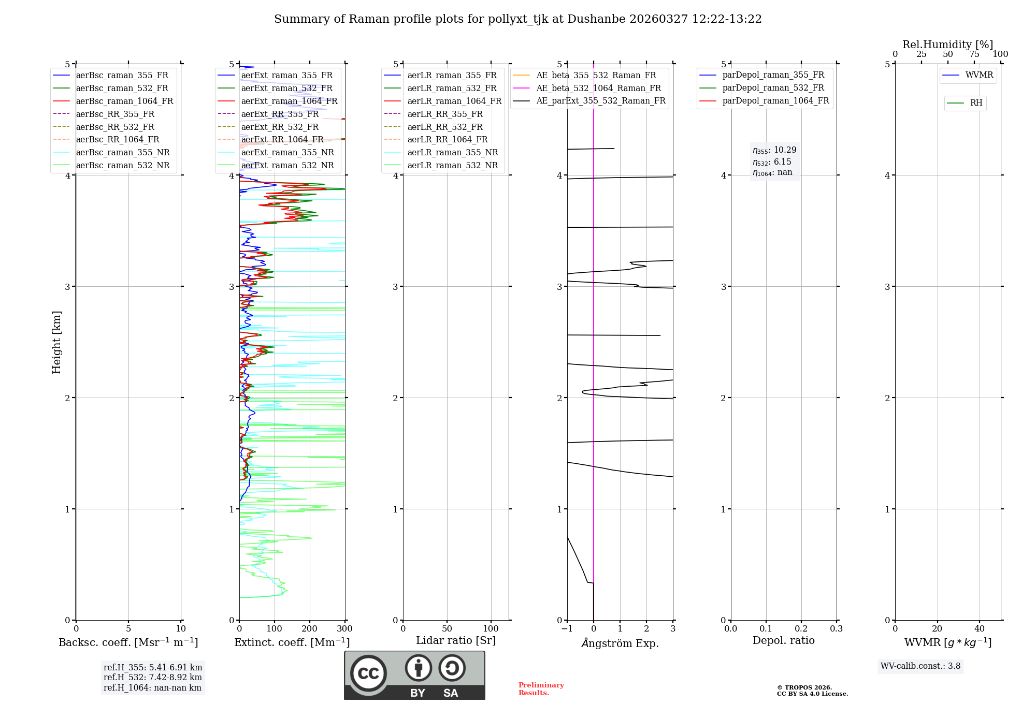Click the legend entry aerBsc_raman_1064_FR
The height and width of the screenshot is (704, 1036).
pyautogui.click(x=124, y=101)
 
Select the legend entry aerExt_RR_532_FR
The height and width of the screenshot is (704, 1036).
pyautogui.click(x=280, y=127)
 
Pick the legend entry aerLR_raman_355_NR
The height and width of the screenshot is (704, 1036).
pyautogui.click(x=452, y=152)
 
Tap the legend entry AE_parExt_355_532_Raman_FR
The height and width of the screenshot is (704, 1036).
pyautogui.click(x=600, y=100)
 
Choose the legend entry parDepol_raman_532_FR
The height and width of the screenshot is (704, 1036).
pyautogui.click(x=773, y=87)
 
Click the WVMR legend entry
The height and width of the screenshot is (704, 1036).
pyautogui.click(x=979, y=75)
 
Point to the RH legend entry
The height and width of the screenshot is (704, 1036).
pyautogui.click(x=976, y=103)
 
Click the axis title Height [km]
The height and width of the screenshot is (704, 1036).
pyautogui.click(x=56, y=342)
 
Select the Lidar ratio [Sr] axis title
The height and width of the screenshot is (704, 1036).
pyautogui.click(x=455, y=640)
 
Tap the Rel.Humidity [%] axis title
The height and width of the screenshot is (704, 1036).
pyautogui.click(x=947, y=45)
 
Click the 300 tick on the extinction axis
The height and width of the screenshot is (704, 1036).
pyautogui.click(x=344, y=629)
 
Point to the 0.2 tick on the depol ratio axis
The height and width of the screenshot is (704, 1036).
pyautogui.click(x=801, y=629)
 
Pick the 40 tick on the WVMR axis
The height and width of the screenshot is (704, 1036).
pyautogui.click(x=979, y=629)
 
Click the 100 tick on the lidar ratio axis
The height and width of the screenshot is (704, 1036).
pyautogui.click(x=491, y=629)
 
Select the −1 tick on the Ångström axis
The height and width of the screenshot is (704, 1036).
pyautogui.click(x=567, y=629)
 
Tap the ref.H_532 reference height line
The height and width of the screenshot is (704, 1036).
pyautogui.click(x=152, y=677)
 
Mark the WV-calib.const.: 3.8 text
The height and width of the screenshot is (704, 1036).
pyautogui.click(x=920, y=666)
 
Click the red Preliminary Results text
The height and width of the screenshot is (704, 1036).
pyautogui.click(x=541, y=689)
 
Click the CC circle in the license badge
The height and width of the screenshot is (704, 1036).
pyautogui.click(x=368, y=673)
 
